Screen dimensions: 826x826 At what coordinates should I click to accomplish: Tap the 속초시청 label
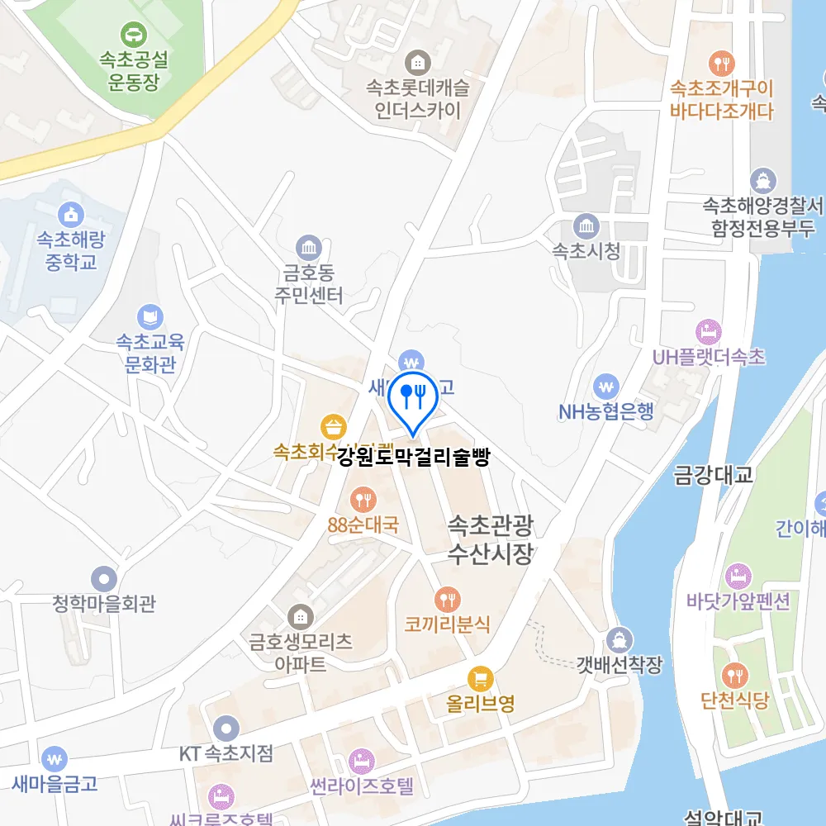tap(586, 251)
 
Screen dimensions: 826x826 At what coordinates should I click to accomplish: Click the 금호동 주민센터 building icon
tap(309, 247)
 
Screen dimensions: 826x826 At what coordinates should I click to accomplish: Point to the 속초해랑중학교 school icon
tap(72, 214)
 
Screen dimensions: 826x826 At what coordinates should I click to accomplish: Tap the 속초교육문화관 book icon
tap(150, 316)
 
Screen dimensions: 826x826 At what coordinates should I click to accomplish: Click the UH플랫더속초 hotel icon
tap(708, 332)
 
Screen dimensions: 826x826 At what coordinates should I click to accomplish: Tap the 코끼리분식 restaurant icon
tap(447, 599)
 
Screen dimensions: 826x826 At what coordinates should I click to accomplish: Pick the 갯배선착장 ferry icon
tap(619, 639)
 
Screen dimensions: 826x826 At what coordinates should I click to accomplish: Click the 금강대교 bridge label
tap(714, 475)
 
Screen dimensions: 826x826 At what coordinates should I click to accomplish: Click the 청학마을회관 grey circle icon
tap(104, 578)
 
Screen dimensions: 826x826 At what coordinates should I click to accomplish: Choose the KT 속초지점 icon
tap(225, 729)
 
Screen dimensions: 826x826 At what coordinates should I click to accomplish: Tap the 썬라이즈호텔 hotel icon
tap(360, 760)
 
